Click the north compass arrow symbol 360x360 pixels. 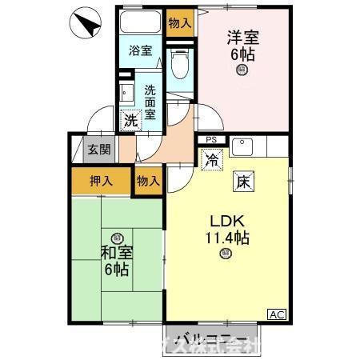pyautogui.click(x=87, y=26)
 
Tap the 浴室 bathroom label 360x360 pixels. pyautogui.click(x=141, y=50)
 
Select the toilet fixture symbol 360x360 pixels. pyautogui.click(x=180, y=62)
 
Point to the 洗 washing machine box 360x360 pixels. pyautogui.click(x=130, y=121)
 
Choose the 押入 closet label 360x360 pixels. pyautogui.click(x=100, y=181)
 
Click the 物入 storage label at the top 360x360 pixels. pyautogui.click(x=179, y=22)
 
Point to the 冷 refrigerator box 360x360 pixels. pyautogui.click(x=212, y=160)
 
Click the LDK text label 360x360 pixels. pyautogui.click(x=226, y=221)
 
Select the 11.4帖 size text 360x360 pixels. pyautogui.click(x=227, y=238)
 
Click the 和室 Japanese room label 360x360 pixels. pyautogui.click(x=116, y=261)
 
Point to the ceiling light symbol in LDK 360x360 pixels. pyautogui.click(x=226, y=254)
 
